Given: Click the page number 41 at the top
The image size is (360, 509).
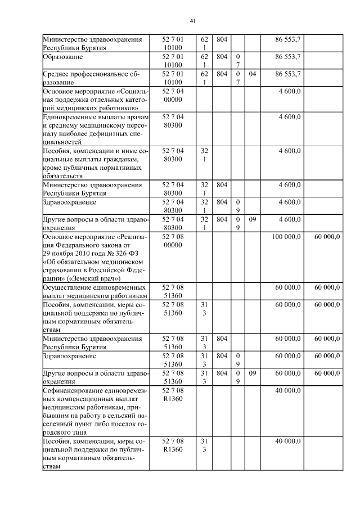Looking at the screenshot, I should pyautogui.click(x=192, y=21).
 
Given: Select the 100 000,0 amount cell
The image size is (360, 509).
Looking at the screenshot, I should pyautogui.click(x=287, y=237).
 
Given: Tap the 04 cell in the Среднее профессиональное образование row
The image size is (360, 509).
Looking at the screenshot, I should pyautogui.click(x=253, y=74).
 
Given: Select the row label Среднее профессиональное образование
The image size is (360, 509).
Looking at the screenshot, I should pyautogui.click(x=91, y=78).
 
